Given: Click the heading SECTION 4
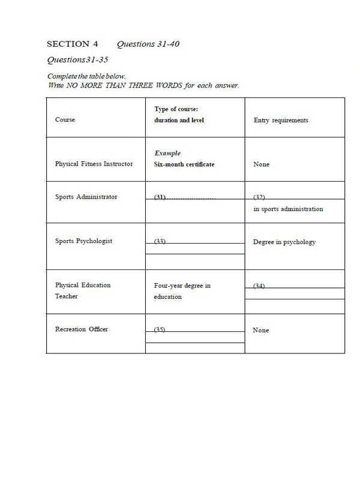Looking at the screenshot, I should [x=72, y=44].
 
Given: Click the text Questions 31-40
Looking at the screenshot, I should [x=148, y=44].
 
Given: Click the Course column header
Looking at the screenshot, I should [x=65, y=120].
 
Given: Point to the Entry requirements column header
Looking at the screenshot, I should [x=281, y=120].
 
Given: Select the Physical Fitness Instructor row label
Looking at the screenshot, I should [x=94, y=164].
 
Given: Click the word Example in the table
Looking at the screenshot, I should [x=167, y=153].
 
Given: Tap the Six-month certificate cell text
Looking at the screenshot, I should [x=184, y=164].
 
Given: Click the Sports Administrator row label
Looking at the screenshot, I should [x=86, y=197].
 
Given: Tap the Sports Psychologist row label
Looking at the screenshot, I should [x=83, y=241].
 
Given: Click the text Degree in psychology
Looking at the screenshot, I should [x=284, y=242].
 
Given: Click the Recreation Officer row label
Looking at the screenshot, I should [x=82, y=329].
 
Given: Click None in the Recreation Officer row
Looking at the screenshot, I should [x=261, y=331].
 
